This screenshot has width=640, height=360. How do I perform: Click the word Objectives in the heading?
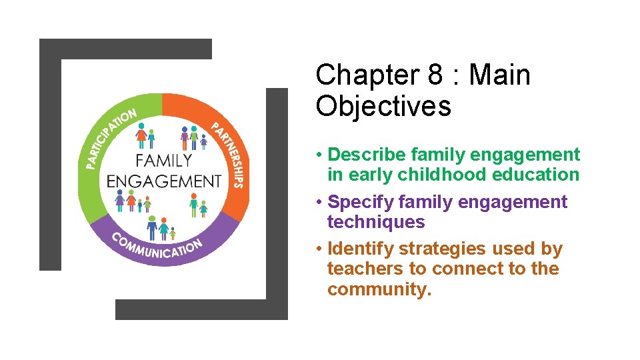coord(383,106)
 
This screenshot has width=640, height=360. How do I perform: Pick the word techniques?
coord(375,222)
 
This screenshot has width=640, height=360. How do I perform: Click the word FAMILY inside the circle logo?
coord(163,160)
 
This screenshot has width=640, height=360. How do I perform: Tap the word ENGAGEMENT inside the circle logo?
coord(164,181)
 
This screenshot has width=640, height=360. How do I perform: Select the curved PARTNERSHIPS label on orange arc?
coord(230,154)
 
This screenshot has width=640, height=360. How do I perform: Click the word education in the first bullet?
coord(537,175)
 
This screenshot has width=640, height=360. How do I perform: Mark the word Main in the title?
coord(499,75)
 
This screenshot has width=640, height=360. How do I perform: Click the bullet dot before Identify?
coord(320,249)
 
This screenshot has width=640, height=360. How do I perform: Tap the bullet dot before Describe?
coord(320,155)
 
